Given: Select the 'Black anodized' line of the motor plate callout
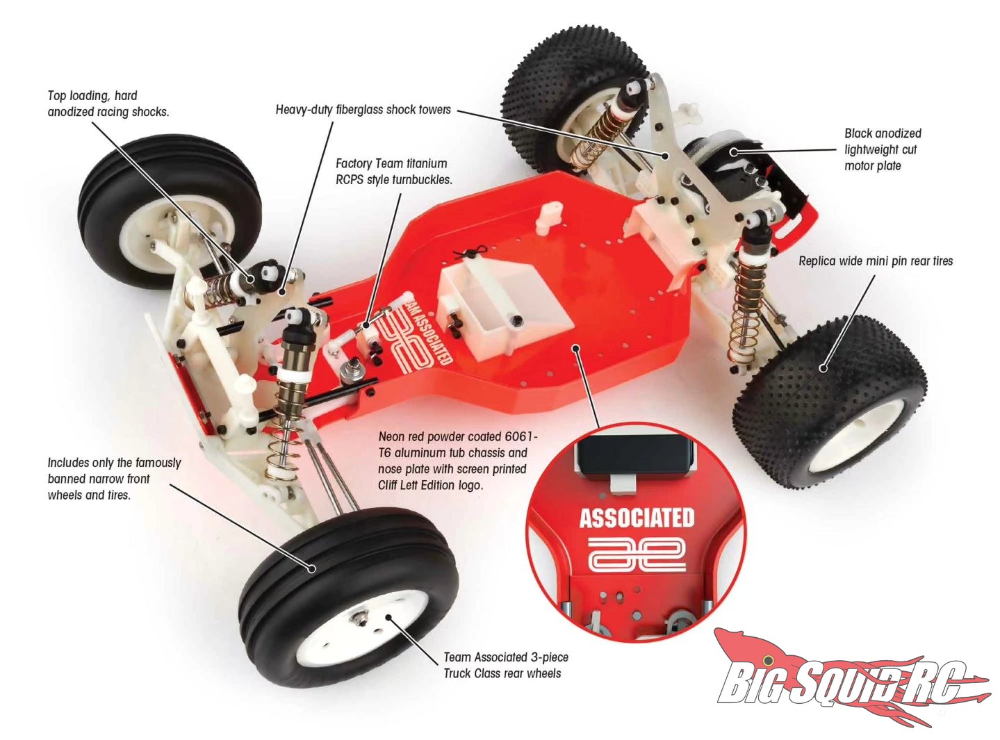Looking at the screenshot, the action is (x=883, y=133).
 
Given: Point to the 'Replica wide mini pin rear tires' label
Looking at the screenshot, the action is (x=875, y=261).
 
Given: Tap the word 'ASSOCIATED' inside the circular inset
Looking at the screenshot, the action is (x=636, y=518).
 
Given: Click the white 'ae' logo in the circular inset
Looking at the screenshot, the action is (x=637, y=556).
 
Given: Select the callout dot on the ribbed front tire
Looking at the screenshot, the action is (x=311, y=568).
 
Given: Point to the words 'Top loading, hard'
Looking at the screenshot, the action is (x=92, y=96).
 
